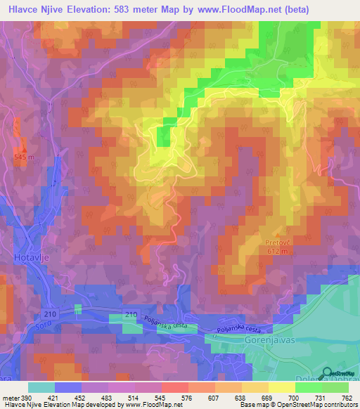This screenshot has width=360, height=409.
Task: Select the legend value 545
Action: (162, 398)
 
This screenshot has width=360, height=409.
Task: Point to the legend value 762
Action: (347, 398)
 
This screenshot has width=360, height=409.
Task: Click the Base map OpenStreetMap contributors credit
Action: (297, 405)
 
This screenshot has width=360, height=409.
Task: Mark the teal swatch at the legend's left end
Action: (41, 387)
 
